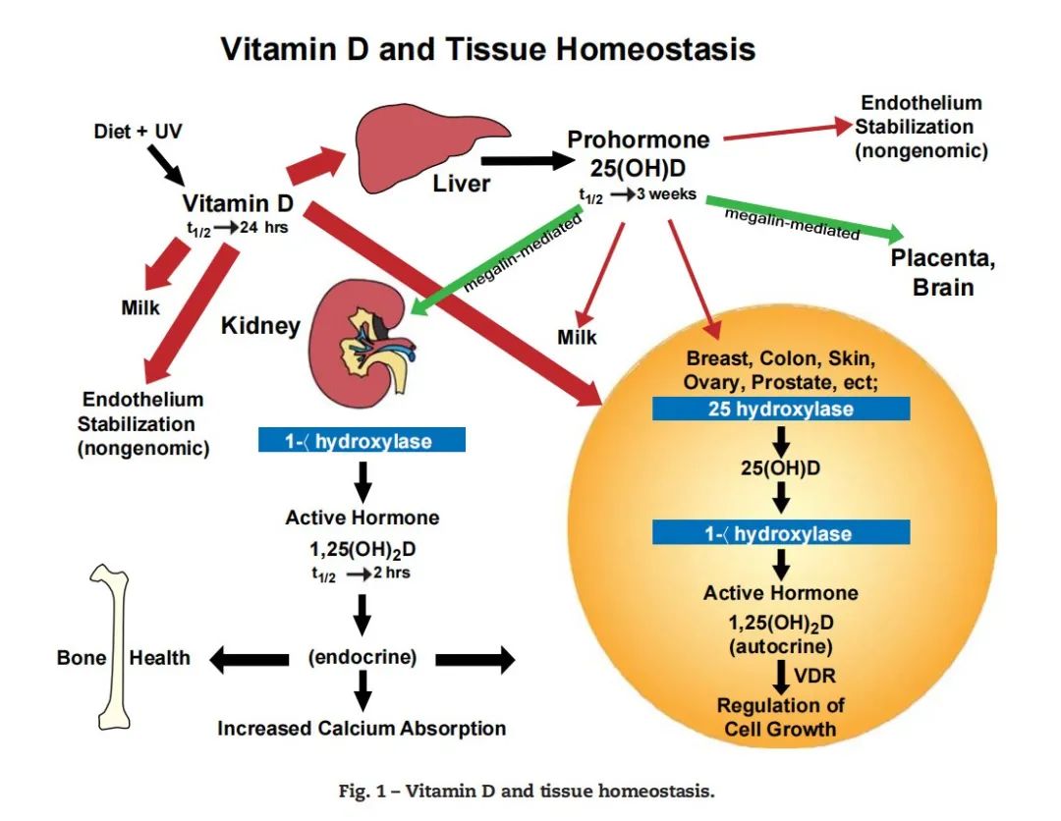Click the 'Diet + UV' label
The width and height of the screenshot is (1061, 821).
(x=138, y=131)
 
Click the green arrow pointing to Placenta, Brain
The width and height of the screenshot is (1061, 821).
(x=806, y=218)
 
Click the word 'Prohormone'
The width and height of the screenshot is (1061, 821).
(x=638, y=140)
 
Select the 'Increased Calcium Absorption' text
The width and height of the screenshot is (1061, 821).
(x=362, y=729)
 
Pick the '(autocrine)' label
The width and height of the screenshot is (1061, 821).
(x=780, y=647)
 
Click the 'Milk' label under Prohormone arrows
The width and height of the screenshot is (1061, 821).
(x=578, y=337)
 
